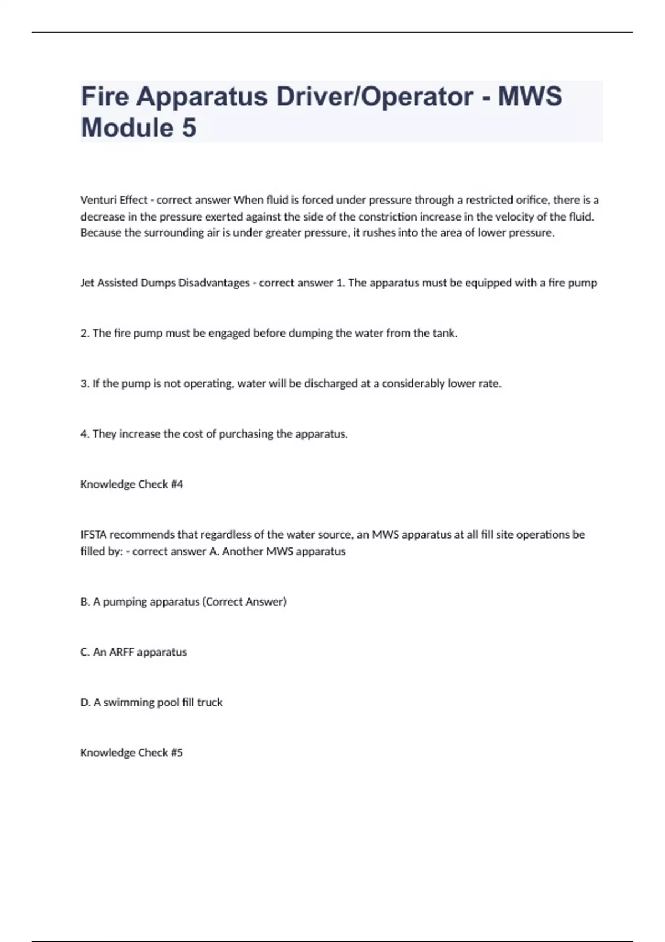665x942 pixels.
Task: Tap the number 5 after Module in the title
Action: tap(188, 128)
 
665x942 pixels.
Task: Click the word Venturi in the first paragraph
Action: tap(98, 200)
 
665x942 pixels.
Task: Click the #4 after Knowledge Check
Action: tap(177, 484)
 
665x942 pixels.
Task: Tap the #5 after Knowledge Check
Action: tap(177, 752)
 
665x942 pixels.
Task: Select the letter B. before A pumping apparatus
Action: tap(85, 602)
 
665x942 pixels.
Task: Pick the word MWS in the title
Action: tap(530, 97)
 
